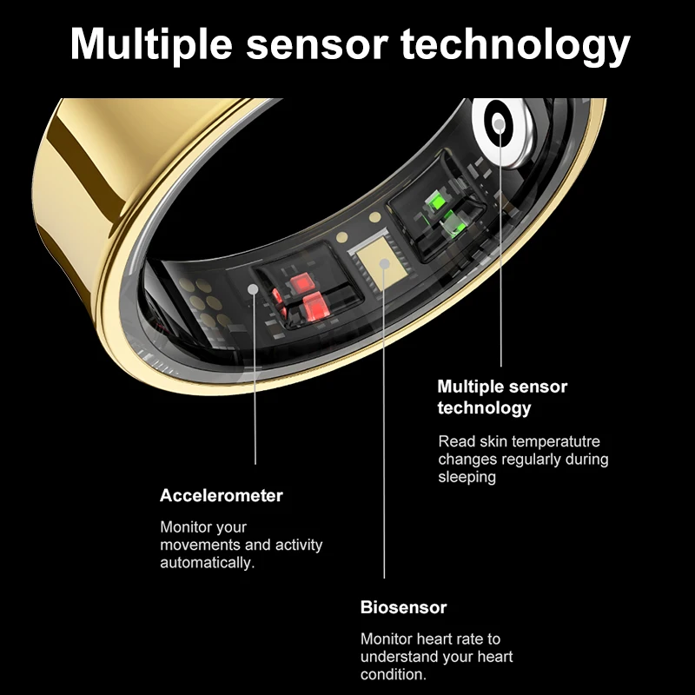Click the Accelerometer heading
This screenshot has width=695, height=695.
pyautogui.click(x=222, y=496)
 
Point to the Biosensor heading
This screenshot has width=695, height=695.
pyautogui.click(x=403, y=607)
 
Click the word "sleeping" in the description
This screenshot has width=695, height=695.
pyautogui.click(x=467, y=477)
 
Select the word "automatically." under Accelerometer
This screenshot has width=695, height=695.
pyautogui.click(x=207, y=563)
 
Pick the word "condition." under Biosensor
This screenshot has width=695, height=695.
pyautogui.click(x=394, y=674)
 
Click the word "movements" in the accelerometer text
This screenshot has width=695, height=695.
pyautogui.click(x=202, y=545)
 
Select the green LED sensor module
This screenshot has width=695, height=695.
pyautogui.click(x=437, y=214)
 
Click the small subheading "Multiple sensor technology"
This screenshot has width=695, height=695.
pyautogui.click(x=502, y=396)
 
